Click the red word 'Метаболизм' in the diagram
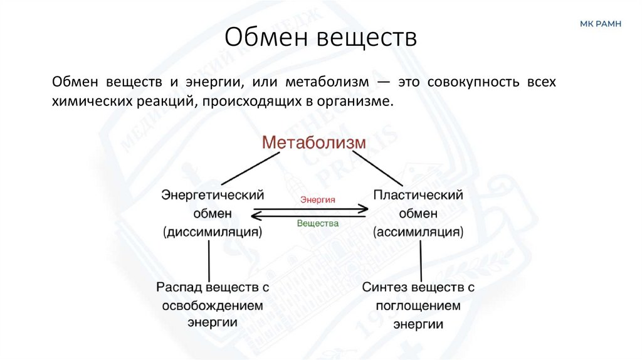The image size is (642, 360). click(x=313, y=142)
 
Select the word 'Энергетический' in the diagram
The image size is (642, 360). click(x=212, y=194)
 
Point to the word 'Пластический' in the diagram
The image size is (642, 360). click(x=418, y=194)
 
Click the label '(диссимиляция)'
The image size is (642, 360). click(x=212, y=232)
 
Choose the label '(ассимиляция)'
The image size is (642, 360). click(x=418, y=232)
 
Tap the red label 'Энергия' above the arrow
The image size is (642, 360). click(x=317, y=199)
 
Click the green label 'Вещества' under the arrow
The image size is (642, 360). click(x=317, y=223)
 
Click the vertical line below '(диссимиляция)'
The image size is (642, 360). click(x=208, y=260)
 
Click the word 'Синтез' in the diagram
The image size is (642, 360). click(x=384, y=287)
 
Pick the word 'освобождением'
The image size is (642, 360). click(x=213, y=305)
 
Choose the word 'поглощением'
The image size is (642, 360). click(x=418, y=305)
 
